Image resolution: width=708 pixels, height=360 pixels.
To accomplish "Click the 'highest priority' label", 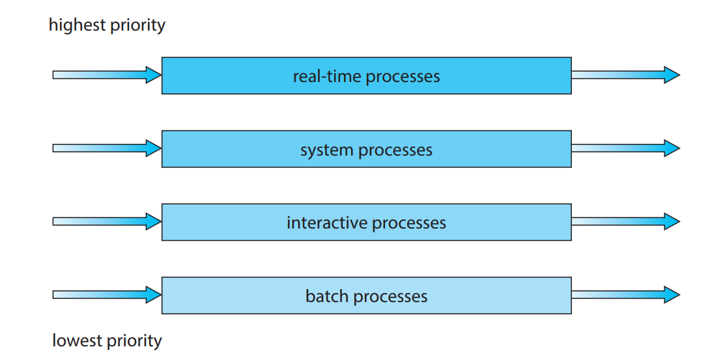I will [107, 25].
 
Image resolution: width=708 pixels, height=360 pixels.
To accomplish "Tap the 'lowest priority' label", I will [107, 340].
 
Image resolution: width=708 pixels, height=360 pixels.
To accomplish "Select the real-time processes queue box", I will [366, 76].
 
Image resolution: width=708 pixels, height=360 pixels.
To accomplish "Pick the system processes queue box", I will [366, 149].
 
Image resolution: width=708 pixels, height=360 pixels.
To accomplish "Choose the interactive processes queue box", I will [366, 222].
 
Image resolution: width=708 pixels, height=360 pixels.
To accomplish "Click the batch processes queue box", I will [366, 296].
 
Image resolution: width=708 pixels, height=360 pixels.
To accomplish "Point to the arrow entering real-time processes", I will [107, 75].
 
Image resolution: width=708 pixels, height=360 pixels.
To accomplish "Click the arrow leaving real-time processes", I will [625, 75].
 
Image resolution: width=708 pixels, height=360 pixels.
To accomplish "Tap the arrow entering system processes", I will [107, 148].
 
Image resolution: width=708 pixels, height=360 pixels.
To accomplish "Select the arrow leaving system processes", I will [625, 148].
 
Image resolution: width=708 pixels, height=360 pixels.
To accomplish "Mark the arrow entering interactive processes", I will [107, 221].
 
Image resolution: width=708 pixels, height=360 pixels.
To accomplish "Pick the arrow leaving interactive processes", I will [625, 221].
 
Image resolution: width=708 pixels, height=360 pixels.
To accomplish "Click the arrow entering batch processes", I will [107, 295].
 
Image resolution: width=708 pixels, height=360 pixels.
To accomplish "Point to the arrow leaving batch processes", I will [625, 295].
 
